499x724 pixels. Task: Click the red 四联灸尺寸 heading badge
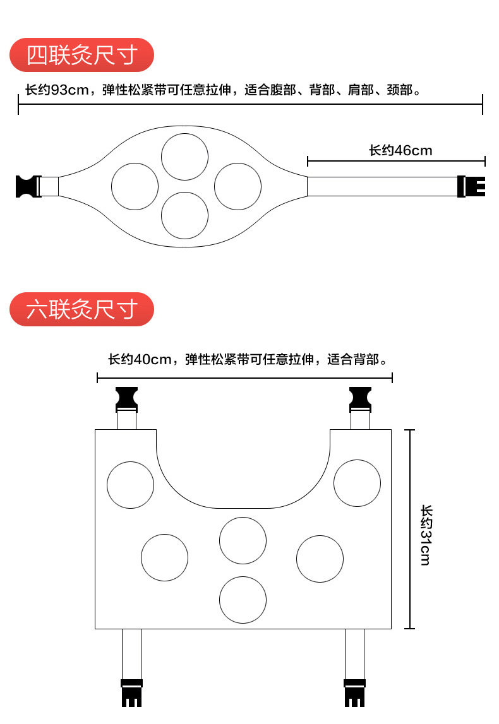coord(82,55)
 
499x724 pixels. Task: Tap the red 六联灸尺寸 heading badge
coord(82,309)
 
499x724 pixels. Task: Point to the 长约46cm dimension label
coord(400,150)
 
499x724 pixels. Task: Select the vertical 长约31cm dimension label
coord(426,535)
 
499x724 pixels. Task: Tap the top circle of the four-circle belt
coord(184,157)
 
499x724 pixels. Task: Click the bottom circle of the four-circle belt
coord(184,215)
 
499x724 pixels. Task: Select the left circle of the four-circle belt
coord(135,186)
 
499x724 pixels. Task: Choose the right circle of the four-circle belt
coord(237,186)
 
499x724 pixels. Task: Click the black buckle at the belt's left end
coord(27,186)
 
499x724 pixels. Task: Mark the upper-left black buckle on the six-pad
coord(127,398)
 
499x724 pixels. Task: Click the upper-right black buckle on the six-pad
coord(360,398)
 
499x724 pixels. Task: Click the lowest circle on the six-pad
coord(243,600)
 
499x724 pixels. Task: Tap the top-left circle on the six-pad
coord(130,485)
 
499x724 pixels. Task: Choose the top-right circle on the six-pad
coord(357,483)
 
